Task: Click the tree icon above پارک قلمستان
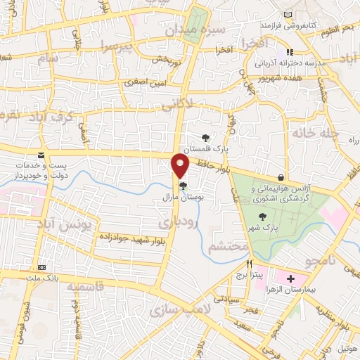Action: (205, 139)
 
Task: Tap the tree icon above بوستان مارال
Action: (183, 186)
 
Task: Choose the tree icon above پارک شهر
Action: (262, 217)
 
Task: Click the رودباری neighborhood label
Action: (185, 223)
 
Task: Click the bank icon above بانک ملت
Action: (42, 268)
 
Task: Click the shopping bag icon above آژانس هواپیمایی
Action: (281, 176)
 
